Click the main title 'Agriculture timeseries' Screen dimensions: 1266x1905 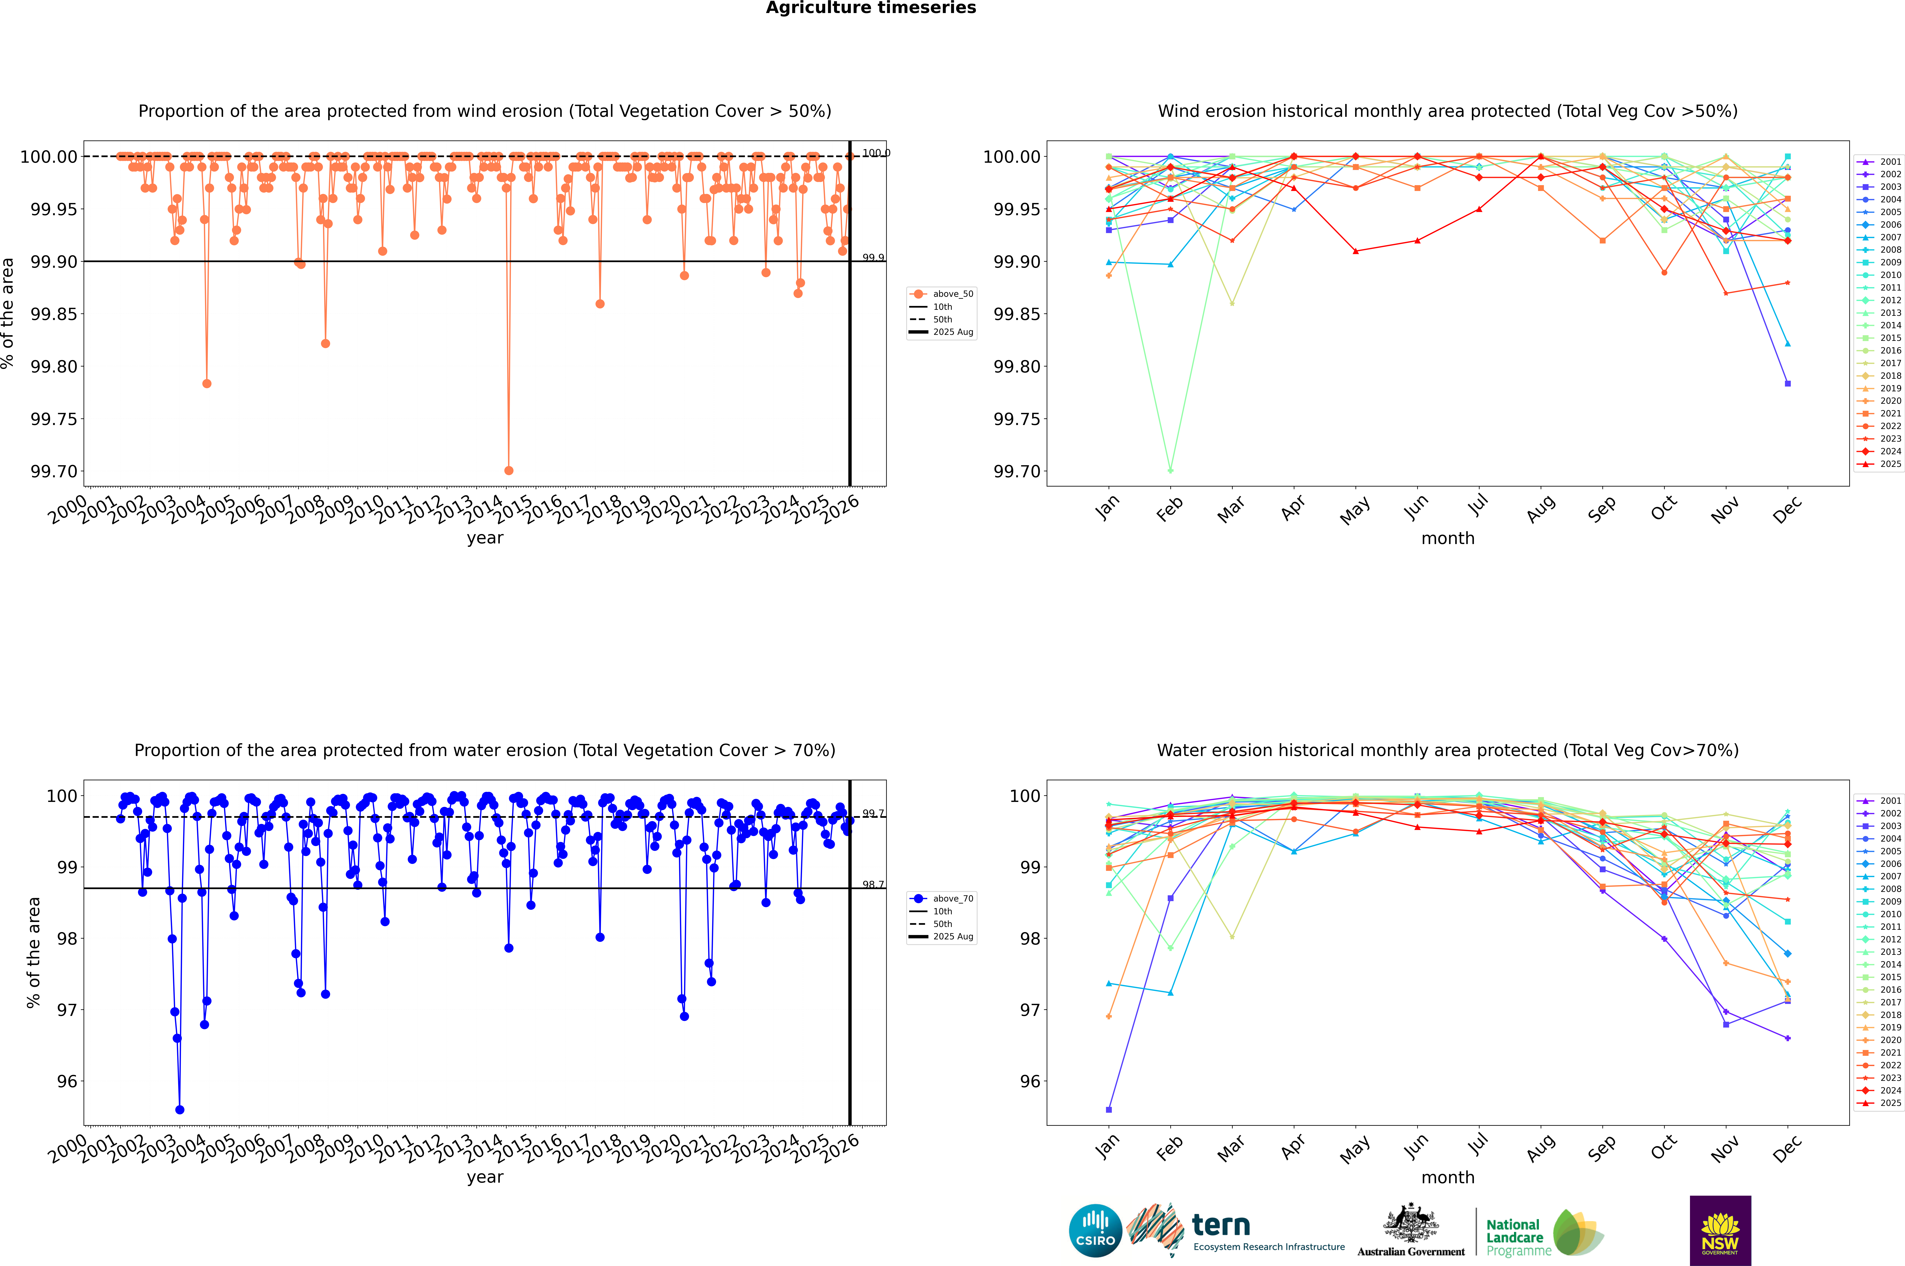871,8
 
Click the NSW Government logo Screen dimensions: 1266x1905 1720,1231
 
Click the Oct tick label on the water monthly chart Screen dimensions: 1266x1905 1664,1148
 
